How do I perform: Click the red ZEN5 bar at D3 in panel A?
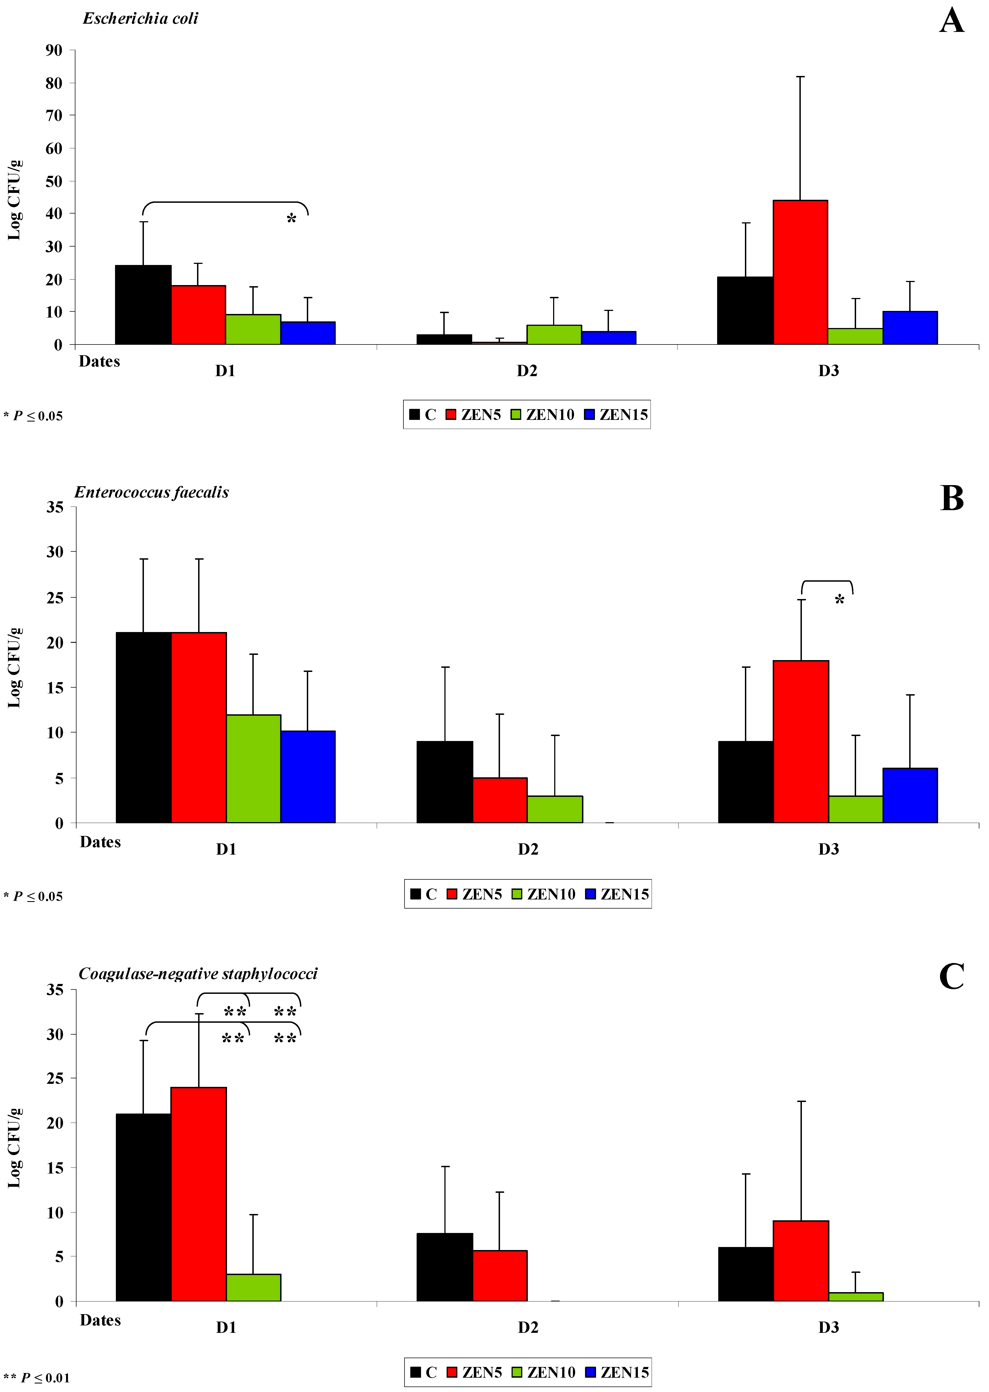[800, 272]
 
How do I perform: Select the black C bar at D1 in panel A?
[143, 305]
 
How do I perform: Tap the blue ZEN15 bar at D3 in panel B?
[910, 795]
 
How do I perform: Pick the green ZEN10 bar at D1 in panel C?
[253, 1287]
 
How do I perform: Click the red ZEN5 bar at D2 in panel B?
[499, 800]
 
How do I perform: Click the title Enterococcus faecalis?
[152, 492]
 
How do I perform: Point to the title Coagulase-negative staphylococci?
[198, 974]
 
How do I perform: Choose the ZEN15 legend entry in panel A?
[616, 415]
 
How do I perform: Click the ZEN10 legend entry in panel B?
[544, 894]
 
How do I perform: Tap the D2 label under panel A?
[527, 371]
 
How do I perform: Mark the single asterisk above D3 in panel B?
[839, 600]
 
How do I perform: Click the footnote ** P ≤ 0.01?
[37, 1377]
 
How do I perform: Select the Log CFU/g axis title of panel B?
[15, 667]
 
